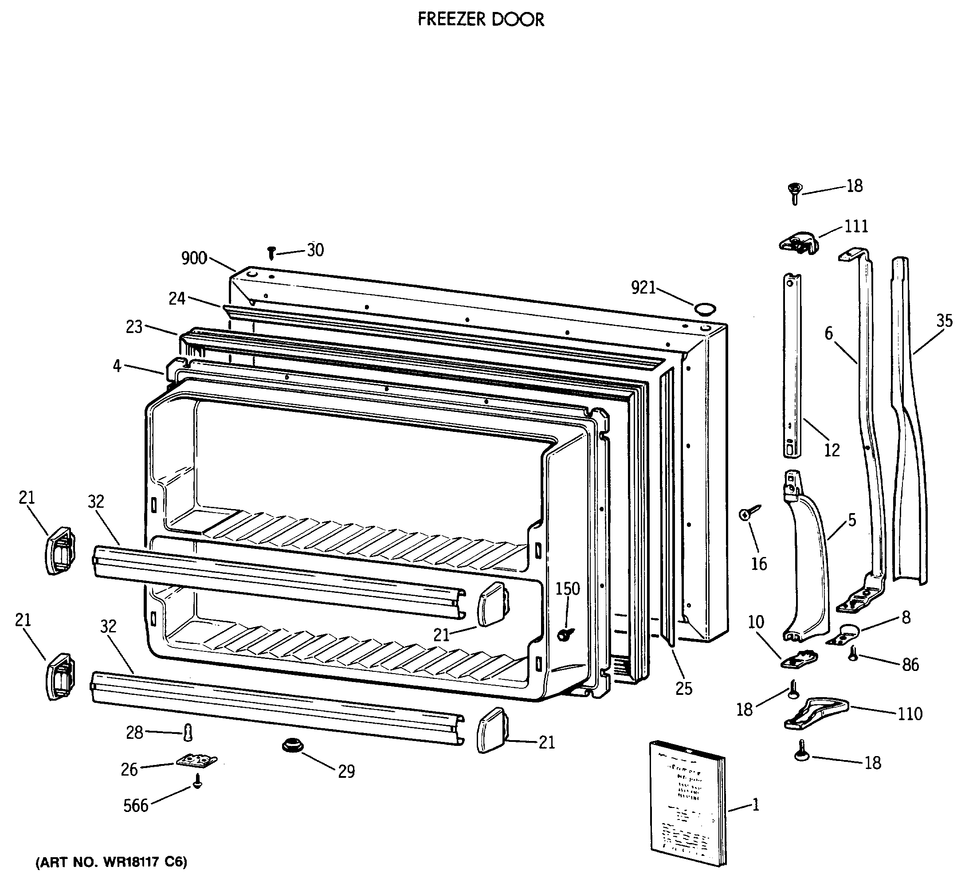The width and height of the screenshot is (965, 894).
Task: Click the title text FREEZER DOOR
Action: (481, 20)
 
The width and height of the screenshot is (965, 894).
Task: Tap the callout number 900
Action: (194, 259)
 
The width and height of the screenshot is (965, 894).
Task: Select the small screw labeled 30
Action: (271, 252)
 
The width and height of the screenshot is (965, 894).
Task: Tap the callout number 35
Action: (944, 320)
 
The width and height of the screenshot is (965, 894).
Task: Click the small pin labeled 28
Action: (188, 733)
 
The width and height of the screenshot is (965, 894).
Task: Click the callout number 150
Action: (567, 588)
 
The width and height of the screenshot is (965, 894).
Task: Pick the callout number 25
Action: (683, 688)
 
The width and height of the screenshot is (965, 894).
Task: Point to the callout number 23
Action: (134, 327)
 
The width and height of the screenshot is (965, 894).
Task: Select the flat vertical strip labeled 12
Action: (792, 365)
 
